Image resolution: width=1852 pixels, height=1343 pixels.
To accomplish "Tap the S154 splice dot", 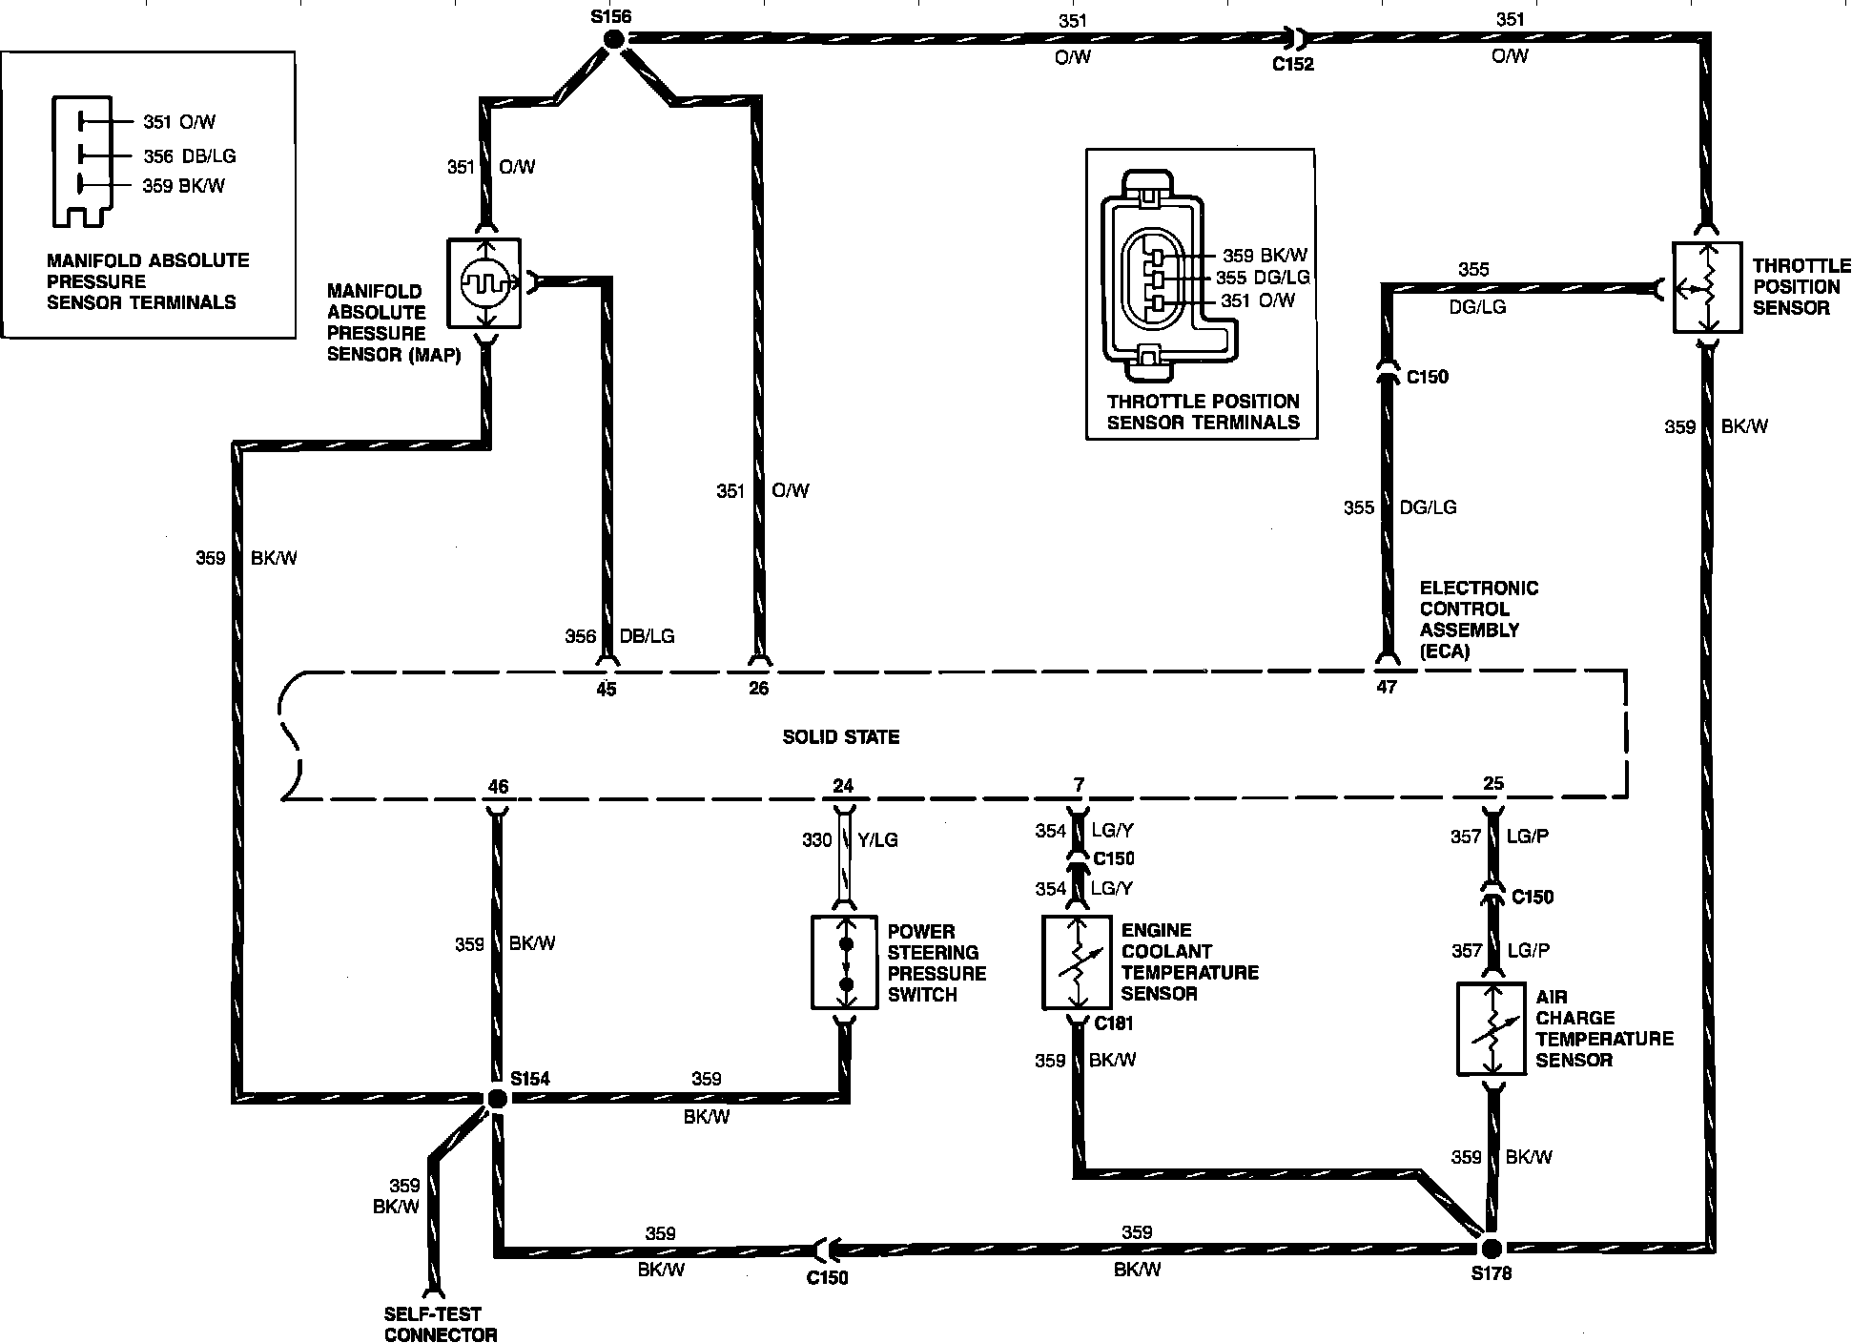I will (496, 1098).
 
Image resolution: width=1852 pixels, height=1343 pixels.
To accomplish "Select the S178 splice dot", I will (1492, 1248).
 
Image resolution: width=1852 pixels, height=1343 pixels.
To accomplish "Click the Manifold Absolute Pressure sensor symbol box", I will (484, 283).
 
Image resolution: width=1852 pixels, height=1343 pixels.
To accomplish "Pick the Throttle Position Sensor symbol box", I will (1707, 287).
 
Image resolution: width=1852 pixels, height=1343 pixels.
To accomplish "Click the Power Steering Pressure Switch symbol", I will (844, 962).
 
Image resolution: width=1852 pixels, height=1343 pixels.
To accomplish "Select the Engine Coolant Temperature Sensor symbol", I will (1077, 962).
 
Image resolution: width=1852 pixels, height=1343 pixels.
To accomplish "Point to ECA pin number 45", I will (606, 689).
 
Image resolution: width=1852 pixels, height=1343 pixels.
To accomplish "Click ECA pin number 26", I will (758, 689).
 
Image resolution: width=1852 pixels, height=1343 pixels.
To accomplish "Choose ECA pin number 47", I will (1387, 687).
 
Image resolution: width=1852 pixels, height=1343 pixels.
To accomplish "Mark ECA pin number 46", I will (498, 787).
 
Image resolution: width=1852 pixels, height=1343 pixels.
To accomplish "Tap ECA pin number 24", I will (843, 786).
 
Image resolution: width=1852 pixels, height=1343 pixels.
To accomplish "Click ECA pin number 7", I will (1079, 785).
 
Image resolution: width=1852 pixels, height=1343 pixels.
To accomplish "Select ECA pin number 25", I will (1493, 783).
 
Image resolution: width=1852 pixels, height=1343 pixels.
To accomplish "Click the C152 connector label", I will (1293, 64).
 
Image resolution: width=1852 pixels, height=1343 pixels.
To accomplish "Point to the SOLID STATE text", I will (841, 736).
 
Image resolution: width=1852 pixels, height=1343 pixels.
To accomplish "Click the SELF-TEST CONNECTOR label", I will (441, 1324).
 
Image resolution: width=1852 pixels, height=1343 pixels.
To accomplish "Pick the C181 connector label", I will (1114, 1023).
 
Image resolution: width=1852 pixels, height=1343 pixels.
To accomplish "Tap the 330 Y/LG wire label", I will (850, 840).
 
